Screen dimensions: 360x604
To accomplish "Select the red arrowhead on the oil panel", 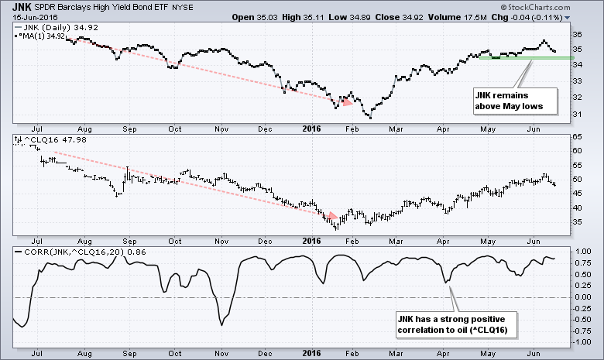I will [x=331, y=216].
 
